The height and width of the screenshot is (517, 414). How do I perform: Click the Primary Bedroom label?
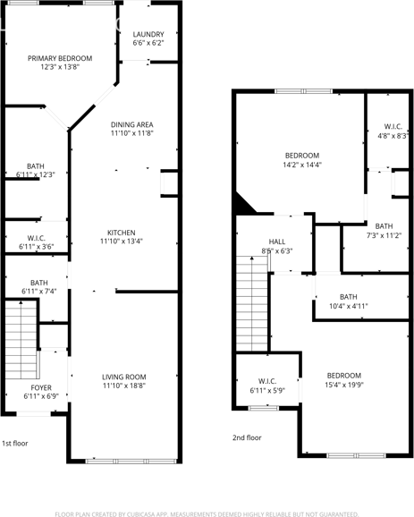60,56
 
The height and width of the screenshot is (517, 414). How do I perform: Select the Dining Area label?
132,124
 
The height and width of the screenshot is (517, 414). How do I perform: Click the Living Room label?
123,377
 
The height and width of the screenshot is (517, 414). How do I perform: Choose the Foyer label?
42,387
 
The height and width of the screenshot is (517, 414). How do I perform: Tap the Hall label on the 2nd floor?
277,242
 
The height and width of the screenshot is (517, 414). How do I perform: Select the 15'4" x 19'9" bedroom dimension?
343,386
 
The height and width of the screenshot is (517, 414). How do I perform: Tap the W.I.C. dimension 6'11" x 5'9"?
267,391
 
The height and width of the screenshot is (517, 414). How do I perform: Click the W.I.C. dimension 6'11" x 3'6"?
36,246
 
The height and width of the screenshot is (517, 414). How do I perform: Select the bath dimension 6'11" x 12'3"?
36,174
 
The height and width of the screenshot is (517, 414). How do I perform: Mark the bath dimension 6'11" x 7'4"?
39,292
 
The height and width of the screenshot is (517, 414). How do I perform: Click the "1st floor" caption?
14,443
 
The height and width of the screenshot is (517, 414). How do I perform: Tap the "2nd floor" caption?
247,437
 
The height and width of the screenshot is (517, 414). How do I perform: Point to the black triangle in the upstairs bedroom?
242,205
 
